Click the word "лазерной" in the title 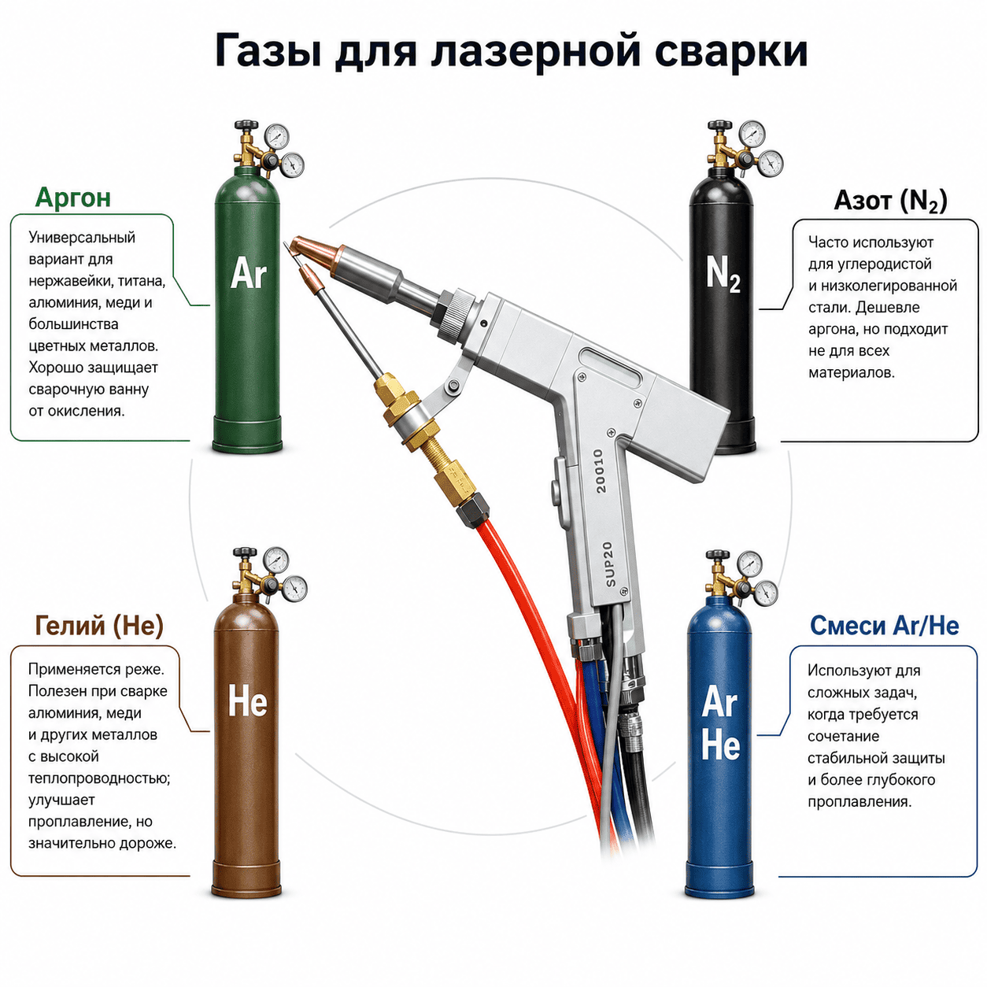[535, 51]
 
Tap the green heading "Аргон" [73, 198]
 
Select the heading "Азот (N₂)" [890, 200]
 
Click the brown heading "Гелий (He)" [99, 626]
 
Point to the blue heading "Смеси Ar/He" [885, 626]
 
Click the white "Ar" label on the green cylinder [249, 273]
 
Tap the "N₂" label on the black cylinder [723, 275]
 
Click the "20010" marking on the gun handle [598, 471]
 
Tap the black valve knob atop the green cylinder [246, 125]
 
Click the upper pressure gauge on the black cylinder [752, 134]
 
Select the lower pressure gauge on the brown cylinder [294, 589]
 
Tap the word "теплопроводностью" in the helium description [99, 778]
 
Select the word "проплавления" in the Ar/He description [859, 801]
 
